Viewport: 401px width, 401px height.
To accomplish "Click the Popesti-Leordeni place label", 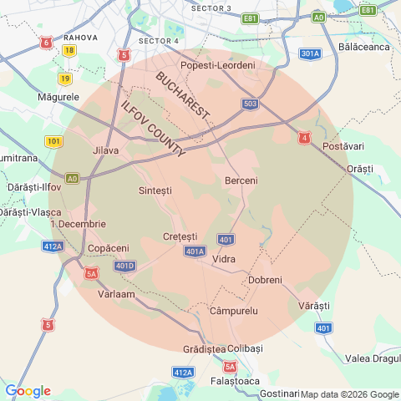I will coord(218,65).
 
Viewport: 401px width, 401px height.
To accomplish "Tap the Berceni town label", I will coord(241,180).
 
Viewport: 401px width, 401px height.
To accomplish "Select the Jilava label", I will coord(106,150).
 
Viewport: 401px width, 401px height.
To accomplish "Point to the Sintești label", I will coord(155,190).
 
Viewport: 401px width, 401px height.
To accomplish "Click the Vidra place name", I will coord(224,259).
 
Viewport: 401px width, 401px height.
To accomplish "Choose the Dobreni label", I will coord(266,280).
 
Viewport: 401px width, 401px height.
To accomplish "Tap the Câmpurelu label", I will coord(234,311).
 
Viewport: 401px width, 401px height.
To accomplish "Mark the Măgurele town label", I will coord(58,97).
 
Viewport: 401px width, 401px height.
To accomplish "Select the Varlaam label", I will coord(116,295).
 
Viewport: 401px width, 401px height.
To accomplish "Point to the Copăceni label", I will coord(109,248).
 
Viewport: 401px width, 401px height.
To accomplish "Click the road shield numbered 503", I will coord(250,104).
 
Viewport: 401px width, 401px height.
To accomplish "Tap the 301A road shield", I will coord(310,54).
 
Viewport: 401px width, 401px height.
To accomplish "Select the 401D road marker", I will coord(124,266).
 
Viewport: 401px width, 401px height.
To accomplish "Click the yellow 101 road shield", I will coord(53,141).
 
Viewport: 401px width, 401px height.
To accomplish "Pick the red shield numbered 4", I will coord(305,137).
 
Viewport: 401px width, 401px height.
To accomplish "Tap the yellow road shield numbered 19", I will coord(64,79).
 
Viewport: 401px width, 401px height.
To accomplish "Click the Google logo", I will coord(28,391).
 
